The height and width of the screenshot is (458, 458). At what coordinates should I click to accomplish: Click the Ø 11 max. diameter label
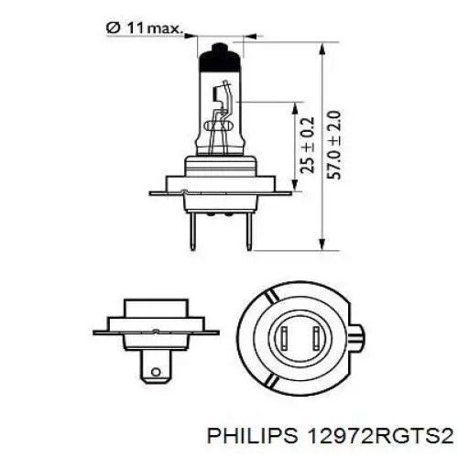point(144,28)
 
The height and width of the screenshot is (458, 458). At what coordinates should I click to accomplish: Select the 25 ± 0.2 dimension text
point(307,145)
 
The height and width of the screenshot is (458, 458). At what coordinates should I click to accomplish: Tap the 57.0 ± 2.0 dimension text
point(333,145)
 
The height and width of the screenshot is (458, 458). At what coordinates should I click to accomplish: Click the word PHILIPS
point(253,435)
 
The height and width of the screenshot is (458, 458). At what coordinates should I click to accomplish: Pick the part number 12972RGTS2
point(381,435)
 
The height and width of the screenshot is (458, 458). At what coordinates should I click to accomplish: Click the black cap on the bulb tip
point(219,58)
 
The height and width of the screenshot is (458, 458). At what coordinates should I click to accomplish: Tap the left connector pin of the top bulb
point(192,231)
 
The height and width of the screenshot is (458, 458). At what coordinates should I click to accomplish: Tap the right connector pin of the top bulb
point(249,231)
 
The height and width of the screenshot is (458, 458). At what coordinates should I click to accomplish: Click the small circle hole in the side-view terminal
point(156,372)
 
